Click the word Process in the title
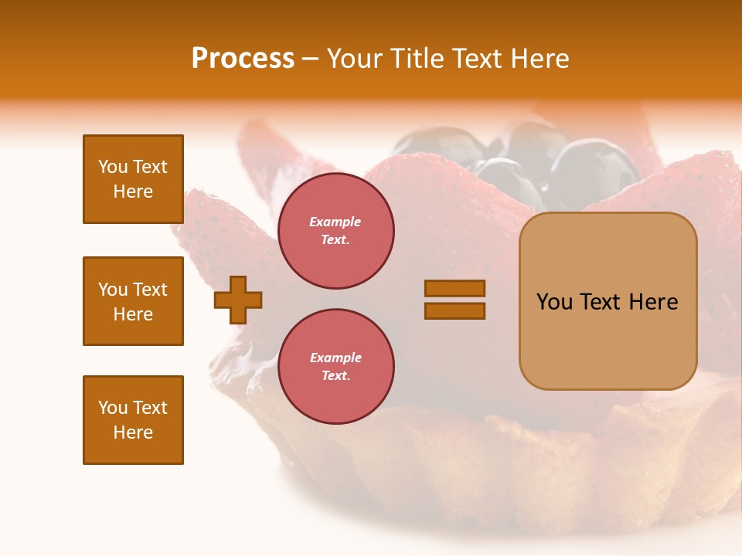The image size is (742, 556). pos(243,59)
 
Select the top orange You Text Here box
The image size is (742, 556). pos(133,179)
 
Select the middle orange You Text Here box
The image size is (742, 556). pos(133,301)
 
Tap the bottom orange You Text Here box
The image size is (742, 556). pos(133,420)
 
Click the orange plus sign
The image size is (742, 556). pos(238,300)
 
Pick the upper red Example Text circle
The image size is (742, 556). pos(335,231)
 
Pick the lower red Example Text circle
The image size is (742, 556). pos(335,367)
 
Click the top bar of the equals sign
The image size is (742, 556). pos(454,289)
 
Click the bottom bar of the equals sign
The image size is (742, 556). pos(454,311)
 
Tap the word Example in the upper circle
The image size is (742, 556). pos(335,222)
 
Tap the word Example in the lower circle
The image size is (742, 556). pos(335,358)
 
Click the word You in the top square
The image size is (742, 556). pos(113,167)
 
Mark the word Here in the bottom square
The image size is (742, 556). pos(133,432)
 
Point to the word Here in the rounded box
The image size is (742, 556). pos(653,302)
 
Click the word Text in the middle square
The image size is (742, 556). pos(150,290)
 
